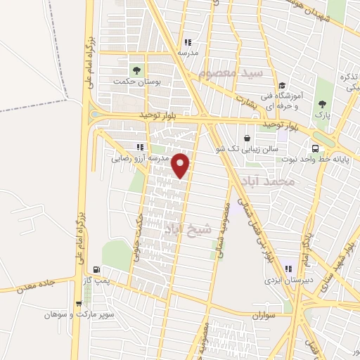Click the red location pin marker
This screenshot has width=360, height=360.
(181, 166)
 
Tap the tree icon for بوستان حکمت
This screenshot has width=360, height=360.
(136, 70)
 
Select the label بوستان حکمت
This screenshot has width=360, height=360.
(138, 82)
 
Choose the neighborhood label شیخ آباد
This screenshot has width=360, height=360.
(188, 229)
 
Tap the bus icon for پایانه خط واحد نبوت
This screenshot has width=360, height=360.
(314, 148)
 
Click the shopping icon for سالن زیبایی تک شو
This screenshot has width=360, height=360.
(247, 138)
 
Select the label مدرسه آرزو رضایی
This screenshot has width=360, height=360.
(141, 159)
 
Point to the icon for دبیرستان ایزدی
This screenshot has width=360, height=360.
(288, 267)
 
